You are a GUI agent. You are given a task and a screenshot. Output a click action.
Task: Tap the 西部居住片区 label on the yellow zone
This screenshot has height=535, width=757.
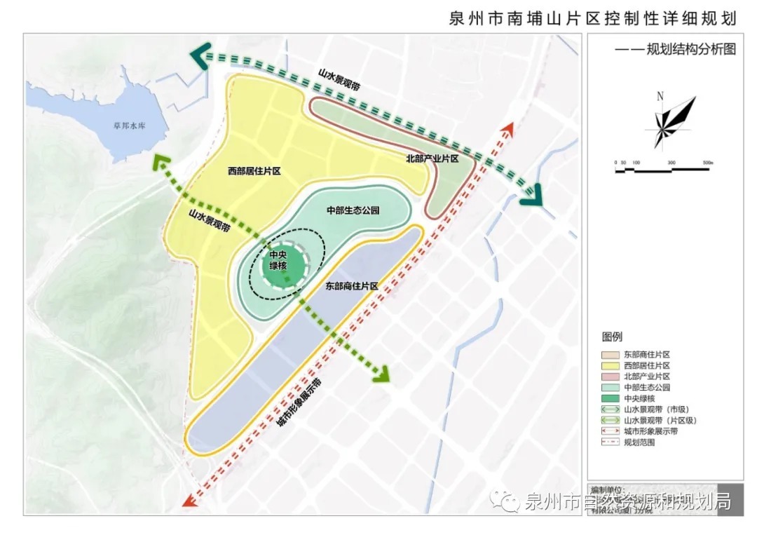click(254, 170)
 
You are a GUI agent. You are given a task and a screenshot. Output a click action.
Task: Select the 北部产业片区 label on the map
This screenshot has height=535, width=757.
click(432, 159)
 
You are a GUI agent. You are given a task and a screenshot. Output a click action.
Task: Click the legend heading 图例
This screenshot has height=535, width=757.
click(611, 337)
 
